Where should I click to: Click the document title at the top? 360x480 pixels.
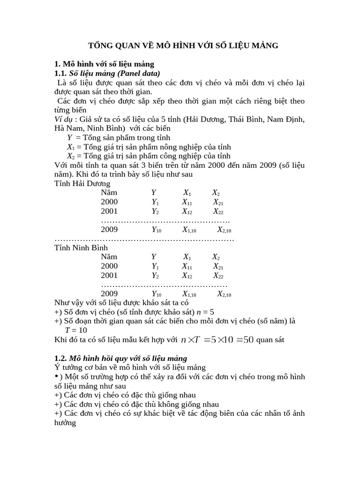point(184,45)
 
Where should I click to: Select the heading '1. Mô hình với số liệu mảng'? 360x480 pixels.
point(105,64)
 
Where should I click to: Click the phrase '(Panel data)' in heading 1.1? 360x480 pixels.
point(138,73)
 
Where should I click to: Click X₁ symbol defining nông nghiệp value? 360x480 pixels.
point(71,147)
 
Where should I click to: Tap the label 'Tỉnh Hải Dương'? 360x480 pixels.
point(82,183)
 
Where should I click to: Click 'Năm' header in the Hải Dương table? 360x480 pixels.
point(109,193)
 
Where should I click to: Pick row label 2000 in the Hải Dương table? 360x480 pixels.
point(109,202)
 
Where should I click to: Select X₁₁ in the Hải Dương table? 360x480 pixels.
point(187,202)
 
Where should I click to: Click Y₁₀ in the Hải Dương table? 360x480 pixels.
point(156,230)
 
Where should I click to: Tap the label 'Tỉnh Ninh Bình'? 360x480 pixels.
point(81,247)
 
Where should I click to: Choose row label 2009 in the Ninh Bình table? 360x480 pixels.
point(109,294)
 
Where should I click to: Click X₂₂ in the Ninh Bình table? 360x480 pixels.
point(218,276)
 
